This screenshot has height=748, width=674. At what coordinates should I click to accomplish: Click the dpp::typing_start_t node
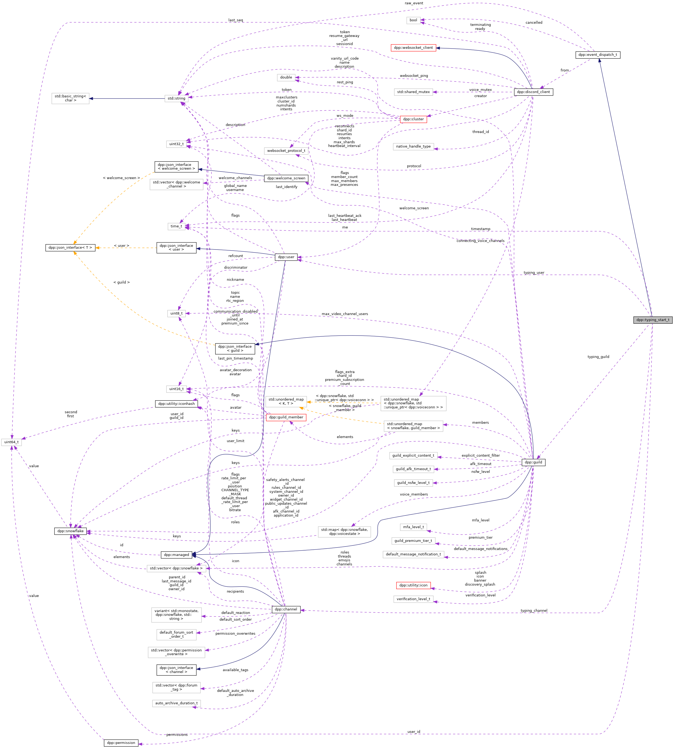point(652,320)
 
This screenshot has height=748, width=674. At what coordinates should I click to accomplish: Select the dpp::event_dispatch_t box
point(598,55)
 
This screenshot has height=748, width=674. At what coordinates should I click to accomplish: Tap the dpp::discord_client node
point(533,92)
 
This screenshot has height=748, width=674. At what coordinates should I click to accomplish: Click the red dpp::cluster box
point(413,119)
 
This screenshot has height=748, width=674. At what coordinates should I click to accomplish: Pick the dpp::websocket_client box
point(413,48)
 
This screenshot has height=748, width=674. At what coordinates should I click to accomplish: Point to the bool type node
point(413,21)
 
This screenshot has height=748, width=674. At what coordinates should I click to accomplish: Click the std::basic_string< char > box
point(70,98)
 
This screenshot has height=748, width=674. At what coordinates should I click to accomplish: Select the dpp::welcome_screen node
point(286,178)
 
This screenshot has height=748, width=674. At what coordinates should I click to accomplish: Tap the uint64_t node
point(12,442)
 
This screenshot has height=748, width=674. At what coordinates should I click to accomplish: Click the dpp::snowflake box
point(70,531)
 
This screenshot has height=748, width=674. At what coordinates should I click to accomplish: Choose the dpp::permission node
point(121,742)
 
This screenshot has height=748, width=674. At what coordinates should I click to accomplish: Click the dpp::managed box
point(176,555)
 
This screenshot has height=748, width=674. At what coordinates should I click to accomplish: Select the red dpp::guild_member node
point(286,417)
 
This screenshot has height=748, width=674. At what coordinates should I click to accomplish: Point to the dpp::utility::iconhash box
point(176,404)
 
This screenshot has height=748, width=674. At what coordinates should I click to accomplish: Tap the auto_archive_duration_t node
point(176,703)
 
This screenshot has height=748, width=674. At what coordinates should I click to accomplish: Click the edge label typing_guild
point(598,357)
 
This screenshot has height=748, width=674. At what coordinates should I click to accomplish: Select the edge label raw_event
point(414,3)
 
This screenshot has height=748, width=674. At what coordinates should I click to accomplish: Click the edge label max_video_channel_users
point(345,314)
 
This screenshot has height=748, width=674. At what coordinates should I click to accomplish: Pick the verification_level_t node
point(413,599)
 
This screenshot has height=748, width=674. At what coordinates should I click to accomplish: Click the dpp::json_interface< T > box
point(70,248)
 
